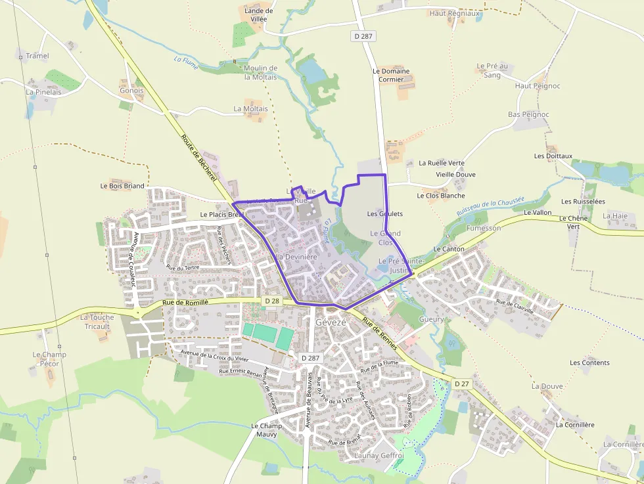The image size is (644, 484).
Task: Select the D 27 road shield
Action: click(461, 383)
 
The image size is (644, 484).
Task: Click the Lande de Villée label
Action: click(259, 15)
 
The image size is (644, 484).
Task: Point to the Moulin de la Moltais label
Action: click(260, 72)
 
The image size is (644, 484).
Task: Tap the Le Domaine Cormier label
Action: click(391, 75)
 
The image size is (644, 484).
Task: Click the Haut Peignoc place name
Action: click(538, 86)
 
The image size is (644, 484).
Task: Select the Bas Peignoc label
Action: click(528, 114)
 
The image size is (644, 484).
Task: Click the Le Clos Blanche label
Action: click(440, 195)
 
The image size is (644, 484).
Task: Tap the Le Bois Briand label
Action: click(122, 186)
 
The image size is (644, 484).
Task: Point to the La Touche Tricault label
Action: click(97, 322)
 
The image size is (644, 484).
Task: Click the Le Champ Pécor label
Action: click(49, 359)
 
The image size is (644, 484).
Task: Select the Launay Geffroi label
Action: click(379, 455)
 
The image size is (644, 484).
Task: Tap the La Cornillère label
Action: click(575, 425)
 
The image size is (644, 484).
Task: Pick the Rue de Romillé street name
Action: click(185, 302)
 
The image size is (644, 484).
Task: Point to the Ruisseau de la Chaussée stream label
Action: click(490, 208)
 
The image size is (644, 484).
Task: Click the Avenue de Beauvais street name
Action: click(308, 400)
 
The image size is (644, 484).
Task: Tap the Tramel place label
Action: click(37, 56)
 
